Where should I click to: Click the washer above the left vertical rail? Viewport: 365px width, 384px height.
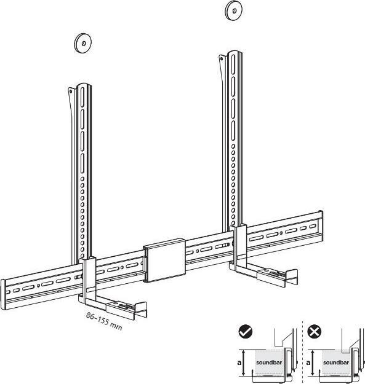tap(81, 43)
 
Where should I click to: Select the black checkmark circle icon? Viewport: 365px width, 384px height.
tap(246, 332)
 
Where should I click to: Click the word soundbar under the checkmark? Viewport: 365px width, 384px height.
tap(268, 363)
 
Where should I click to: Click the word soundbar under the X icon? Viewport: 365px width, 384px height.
tap(335, 363)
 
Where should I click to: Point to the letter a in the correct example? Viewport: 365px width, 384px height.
tap(239, 362)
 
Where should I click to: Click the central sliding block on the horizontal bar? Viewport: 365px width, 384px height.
tap(164, 261)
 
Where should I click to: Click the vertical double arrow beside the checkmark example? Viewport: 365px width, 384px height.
tap(246, 362)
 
